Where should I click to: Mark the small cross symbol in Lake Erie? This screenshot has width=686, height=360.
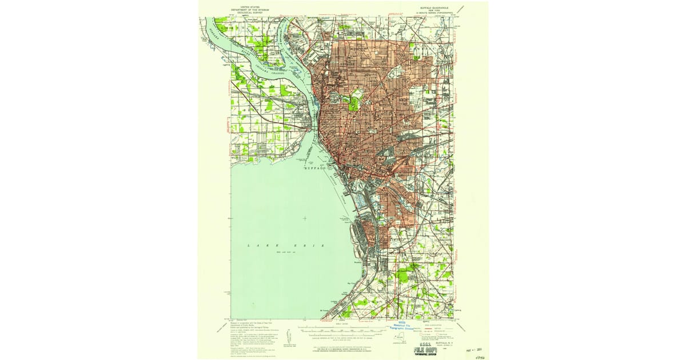305,218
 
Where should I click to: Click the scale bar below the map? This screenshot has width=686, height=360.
343,330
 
